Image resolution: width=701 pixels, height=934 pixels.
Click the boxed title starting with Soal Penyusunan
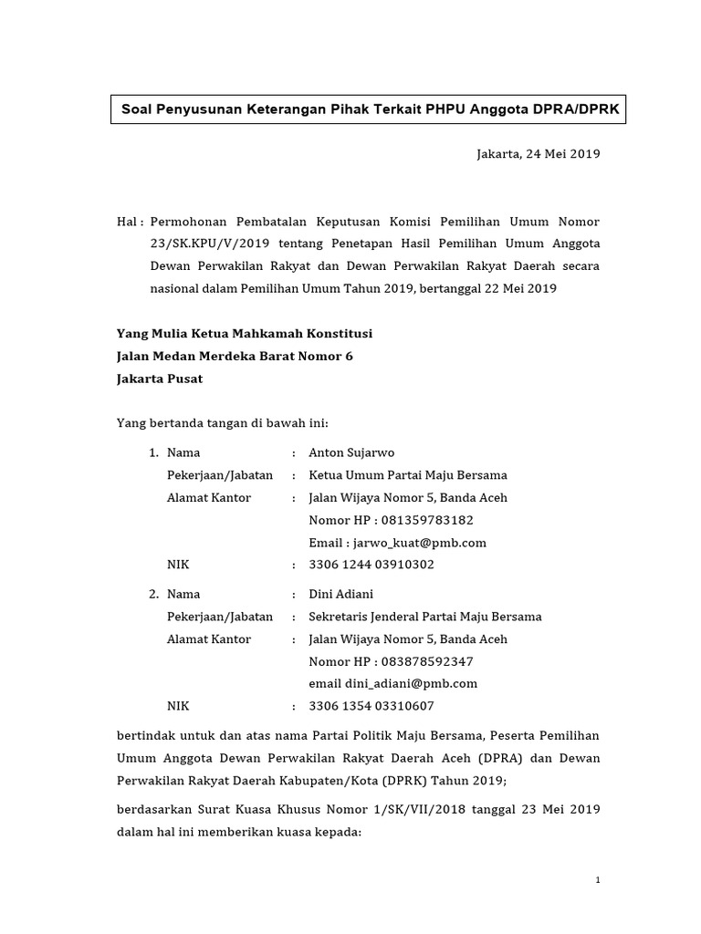[x=370, y=110]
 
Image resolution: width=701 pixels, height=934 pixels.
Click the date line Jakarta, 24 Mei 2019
[x=539, y=154]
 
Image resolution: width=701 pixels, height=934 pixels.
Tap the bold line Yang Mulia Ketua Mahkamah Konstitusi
[x=245, y=334]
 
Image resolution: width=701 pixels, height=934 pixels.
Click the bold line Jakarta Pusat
[x=160, y=379]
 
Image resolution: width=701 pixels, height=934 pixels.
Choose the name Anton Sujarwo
[x=352, y=452]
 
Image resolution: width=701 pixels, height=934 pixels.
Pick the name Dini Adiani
[x=341, y=594]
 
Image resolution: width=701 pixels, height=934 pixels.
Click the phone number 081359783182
[x=424, y=520]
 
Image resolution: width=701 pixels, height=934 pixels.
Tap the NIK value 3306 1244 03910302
[x=371, y=565]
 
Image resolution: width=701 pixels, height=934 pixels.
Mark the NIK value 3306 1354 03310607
[x=371, y=706]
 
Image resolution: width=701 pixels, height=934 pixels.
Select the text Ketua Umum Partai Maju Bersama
[x=408, y=475]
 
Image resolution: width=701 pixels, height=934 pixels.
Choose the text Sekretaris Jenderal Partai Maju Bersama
[x=425, y=617]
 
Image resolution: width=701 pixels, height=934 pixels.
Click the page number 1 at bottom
[x=597, y=880]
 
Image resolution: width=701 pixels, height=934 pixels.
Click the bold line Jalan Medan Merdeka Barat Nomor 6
[x=235, y=356]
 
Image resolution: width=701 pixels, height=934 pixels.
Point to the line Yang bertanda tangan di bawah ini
[x=223, y=423]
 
